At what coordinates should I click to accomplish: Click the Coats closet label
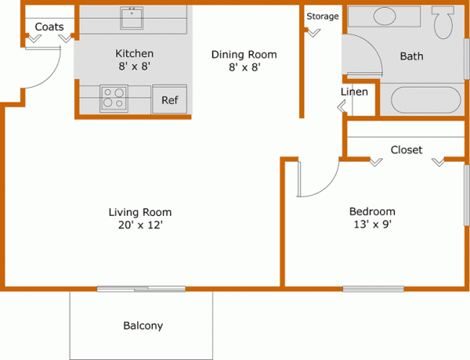click(x=49, y=27)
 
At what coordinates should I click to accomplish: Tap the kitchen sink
click(x=131, y=18)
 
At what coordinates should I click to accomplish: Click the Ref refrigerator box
click(x=169, y=100)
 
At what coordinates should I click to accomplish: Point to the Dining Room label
click(x=244, y=55)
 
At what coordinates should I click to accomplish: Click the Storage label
click(x=322, y=16)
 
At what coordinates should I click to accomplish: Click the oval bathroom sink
click(x=385, y=16)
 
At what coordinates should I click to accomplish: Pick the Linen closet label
click(x=354, y=92)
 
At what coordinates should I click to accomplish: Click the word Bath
click(x=411, y=56)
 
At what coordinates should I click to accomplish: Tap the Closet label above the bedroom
click(x=407, y=149)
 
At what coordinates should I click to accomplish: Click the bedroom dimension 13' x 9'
click(x=371, y=225)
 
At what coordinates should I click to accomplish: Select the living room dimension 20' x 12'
click(x=139, y=225)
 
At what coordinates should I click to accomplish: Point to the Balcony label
click(x=143, y=326)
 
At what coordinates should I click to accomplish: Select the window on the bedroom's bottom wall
click(x=373, y=289)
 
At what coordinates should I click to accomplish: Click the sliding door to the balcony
click(x=141, y=290)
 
